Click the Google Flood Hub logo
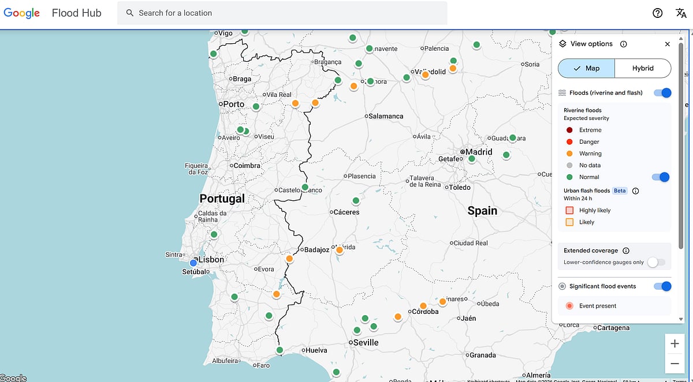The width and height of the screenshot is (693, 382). point(52,13)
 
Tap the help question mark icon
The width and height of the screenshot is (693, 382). point(657,13)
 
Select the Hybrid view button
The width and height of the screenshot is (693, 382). point(642,68)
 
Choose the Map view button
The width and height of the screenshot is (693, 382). point(586,68)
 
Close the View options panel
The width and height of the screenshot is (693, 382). point(668,44)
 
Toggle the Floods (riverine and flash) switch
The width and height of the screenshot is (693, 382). point(662,93)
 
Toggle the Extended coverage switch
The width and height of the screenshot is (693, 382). point(655,263)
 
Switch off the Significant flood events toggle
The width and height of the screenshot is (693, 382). point(662,286)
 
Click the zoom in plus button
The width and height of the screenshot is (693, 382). point(675,344)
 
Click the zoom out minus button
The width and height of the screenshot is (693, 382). point(675,364)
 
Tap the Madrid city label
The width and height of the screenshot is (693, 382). point(479,152)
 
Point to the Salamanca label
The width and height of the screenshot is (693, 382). point(386,116)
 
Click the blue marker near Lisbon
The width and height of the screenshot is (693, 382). point(193,263)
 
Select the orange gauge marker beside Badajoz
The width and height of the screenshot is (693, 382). point(340,250)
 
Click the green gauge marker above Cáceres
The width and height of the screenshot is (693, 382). point(356,201)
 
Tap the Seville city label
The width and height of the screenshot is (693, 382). point(366,343)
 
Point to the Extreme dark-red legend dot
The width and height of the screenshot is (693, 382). point(569,130)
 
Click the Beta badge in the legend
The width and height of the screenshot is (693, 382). point(620,191)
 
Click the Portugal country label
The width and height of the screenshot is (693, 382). point(222,199)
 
